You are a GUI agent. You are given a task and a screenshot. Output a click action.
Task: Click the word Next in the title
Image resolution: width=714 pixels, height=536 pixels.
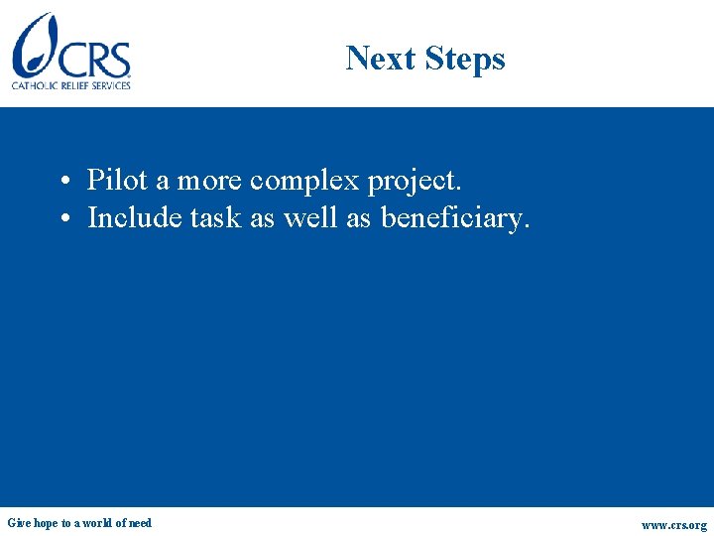pos(382,59)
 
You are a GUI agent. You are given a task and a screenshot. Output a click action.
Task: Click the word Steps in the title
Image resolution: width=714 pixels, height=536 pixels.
pos(465,60)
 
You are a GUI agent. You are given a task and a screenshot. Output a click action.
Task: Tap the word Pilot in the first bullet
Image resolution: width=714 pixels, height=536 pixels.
pos(117,180)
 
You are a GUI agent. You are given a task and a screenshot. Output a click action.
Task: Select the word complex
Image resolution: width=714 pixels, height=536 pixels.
pos(305,181)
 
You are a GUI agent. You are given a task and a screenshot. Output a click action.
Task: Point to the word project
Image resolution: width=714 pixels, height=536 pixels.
pos(415,182)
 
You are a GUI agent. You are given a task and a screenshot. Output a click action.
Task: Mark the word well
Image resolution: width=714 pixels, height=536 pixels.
pos(310,216)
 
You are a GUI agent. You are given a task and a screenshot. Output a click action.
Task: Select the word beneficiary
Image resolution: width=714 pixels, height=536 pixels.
pos(455,217)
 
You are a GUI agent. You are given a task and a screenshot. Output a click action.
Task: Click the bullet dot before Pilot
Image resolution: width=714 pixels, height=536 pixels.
pos(62,182)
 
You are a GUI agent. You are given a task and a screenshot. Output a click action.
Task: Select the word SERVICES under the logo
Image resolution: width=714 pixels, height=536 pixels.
pos(110,85)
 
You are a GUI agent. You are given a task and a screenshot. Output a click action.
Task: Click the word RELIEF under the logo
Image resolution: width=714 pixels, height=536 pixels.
pos(75,85)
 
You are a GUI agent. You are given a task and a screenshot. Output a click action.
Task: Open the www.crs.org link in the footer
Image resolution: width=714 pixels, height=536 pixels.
pos(674,525)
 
